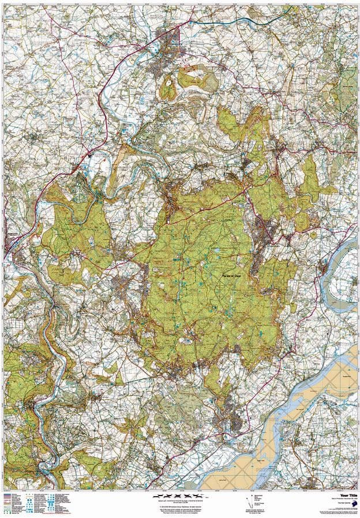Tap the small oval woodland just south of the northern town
[167, 89]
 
